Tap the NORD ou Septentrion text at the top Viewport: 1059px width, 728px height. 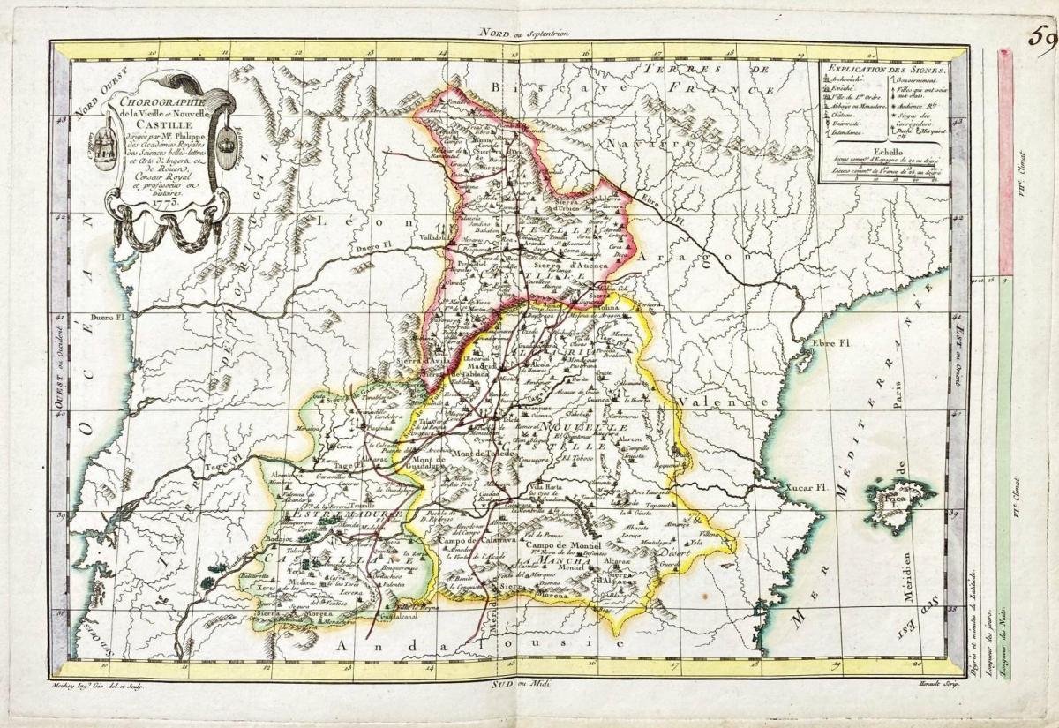pyautogui.click(x=524, y=33)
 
